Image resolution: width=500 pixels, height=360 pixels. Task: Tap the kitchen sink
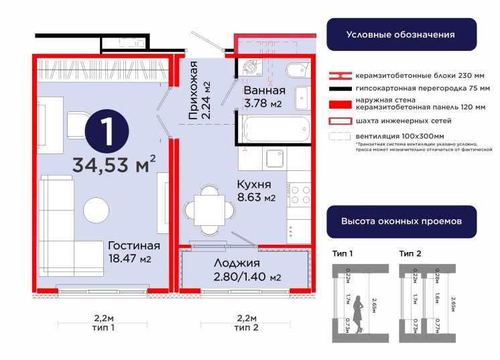tap(275, 159)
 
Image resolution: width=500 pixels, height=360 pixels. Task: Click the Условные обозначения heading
tap(401, 34)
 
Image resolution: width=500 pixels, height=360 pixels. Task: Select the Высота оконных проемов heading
tap(401, 221)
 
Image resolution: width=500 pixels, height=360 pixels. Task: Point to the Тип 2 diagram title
tap(410, 253)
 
